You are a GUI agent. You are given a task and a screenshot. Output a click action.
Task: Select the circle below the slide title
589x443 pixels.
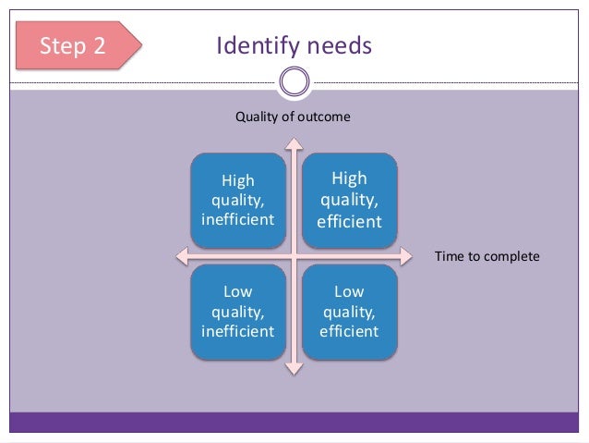[294, 82]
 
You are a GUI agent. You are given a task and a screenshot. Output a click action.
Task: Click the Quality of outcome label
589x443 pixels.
[294, 117]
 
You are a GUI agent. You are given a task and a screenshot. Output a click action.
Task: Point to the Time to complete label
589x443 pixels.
[487, 255]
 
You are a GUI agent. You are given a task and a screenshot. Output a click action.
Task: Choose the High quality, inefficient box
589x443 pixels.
[238, 200]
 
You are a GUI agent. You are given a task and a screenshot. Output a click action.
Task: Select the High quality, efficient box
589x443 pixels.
[350, 200]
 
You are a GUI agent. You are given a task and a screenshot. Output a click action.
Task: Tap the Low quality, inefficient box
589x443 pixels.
[238, 311]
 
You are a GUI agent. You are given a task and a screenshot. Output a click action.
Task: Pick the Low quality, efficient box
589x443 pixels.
[350, 311]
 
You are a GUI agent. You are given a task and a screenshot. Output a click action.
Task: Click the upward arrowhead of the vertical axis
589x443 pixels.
[294, 143]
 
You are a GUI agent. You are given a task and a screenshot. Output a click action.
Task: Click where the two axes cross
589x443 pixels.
[294, 254]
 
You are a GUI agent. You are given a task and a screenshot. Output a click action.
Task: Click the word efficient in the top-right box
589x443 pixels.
[350, 222]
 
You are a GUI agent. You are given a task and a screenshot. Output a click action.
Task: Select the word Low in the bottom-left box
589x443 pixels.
[238, 291]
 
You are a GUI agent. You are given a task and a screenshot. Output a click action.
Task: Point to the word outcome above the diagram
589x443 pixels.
[326, 117]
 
